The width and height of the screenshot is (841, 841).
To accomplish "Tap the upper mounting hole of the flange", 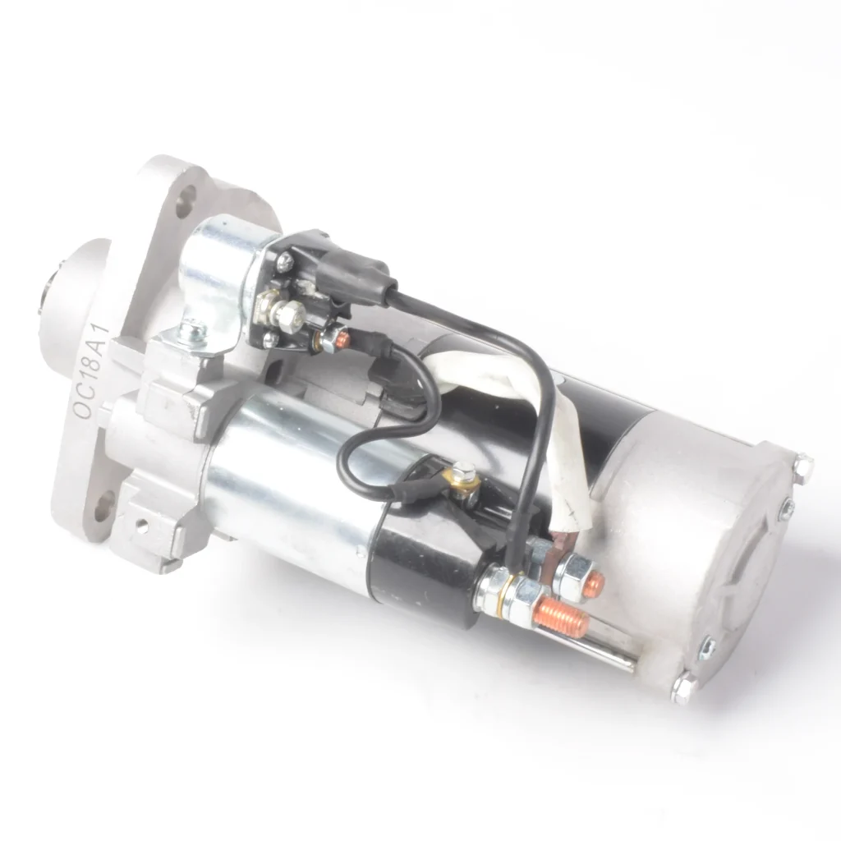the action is click(186, 198).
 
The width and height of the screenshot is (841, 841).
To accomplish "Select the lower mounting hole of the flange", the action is click(105, 504).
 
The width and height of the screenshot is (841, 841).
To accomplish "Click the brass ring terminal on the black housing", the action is click(465, 486).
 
